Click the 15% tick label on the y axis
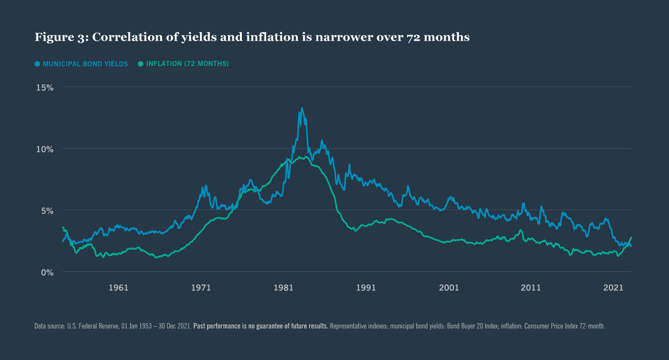(x=44, y=87)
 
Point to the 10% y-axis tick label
(x=44, y=149)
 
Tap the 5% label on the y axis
(x=46, y=211)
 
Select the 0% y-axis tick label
(x=46, y=272)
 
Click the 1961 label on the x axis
(x=118, y=288)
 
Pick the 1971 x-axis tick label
(x=201, y=288)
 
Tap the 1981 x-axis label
(x=284, y=288)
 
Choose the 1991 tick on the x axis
(x=366, y=288)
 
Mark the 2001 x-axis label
(x=449, y=288)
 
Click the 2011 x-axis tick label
(x=531, y=288)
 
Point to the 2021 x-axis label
(x=614, y=288)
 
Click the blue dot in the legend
(x=37, y=64)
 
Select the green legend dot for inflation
(x=140, y=64)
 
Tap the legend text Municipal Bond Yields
(x=85, y=64)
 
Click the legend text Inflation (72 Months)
(x=187, y=64)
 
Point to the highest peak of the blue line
(x=301, y=109)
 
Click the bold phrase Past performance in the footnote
(x=216, y=326)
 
